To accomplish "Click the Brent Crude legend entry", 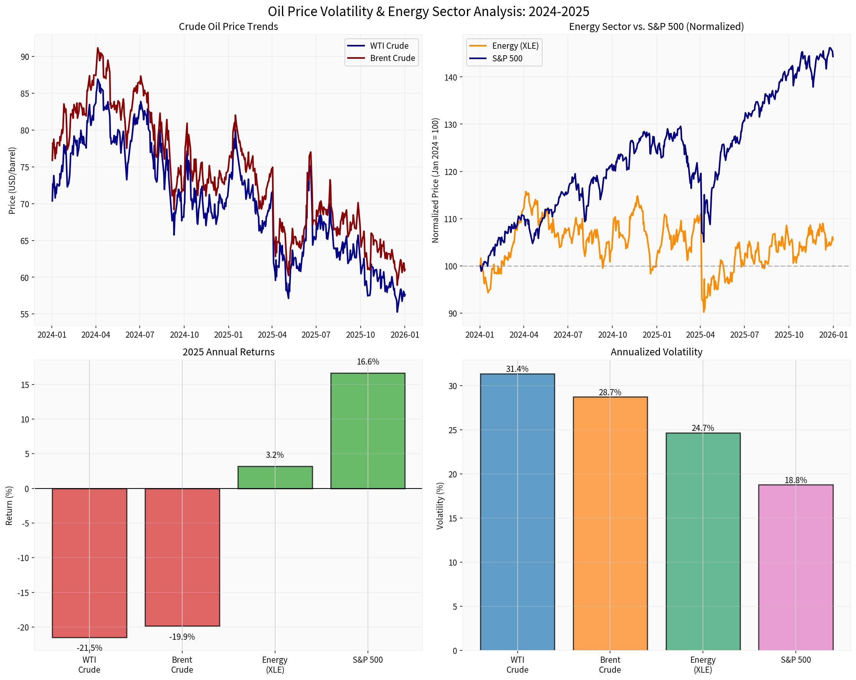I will point(392,58).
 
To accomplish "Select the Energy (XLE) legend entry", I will point(515,46).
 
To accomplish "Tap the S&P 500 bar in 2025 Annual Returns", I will point(368,431).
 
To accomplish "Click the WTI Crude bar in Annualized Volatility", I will point(517,512).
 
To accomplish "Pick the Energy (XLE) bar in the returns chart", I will point(275,477).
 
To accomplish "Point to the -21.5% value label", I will point(89,648).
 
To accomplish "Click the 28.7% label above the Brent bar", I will point(610,393).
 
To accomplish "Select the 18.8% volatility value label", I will point(796,480).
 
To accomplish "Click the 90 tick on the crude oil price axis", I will point(25,57).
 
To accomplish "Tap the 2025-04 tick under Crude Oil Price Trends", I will point(272,335).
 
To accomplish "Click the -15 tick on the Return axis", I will point(23,593).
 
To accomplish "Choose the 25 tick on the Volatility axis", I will point(453,430).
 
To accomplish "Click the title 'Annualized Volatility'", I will point(656,352).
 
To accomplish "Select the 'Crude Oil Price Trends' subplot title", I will point(228,26).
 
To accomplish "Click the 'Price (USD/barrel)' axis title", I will point(12,181).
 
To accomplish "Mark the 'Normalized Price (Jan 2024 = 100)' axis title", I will point(435,180).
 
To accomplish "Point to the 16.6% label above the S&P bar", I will point(368,362).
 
